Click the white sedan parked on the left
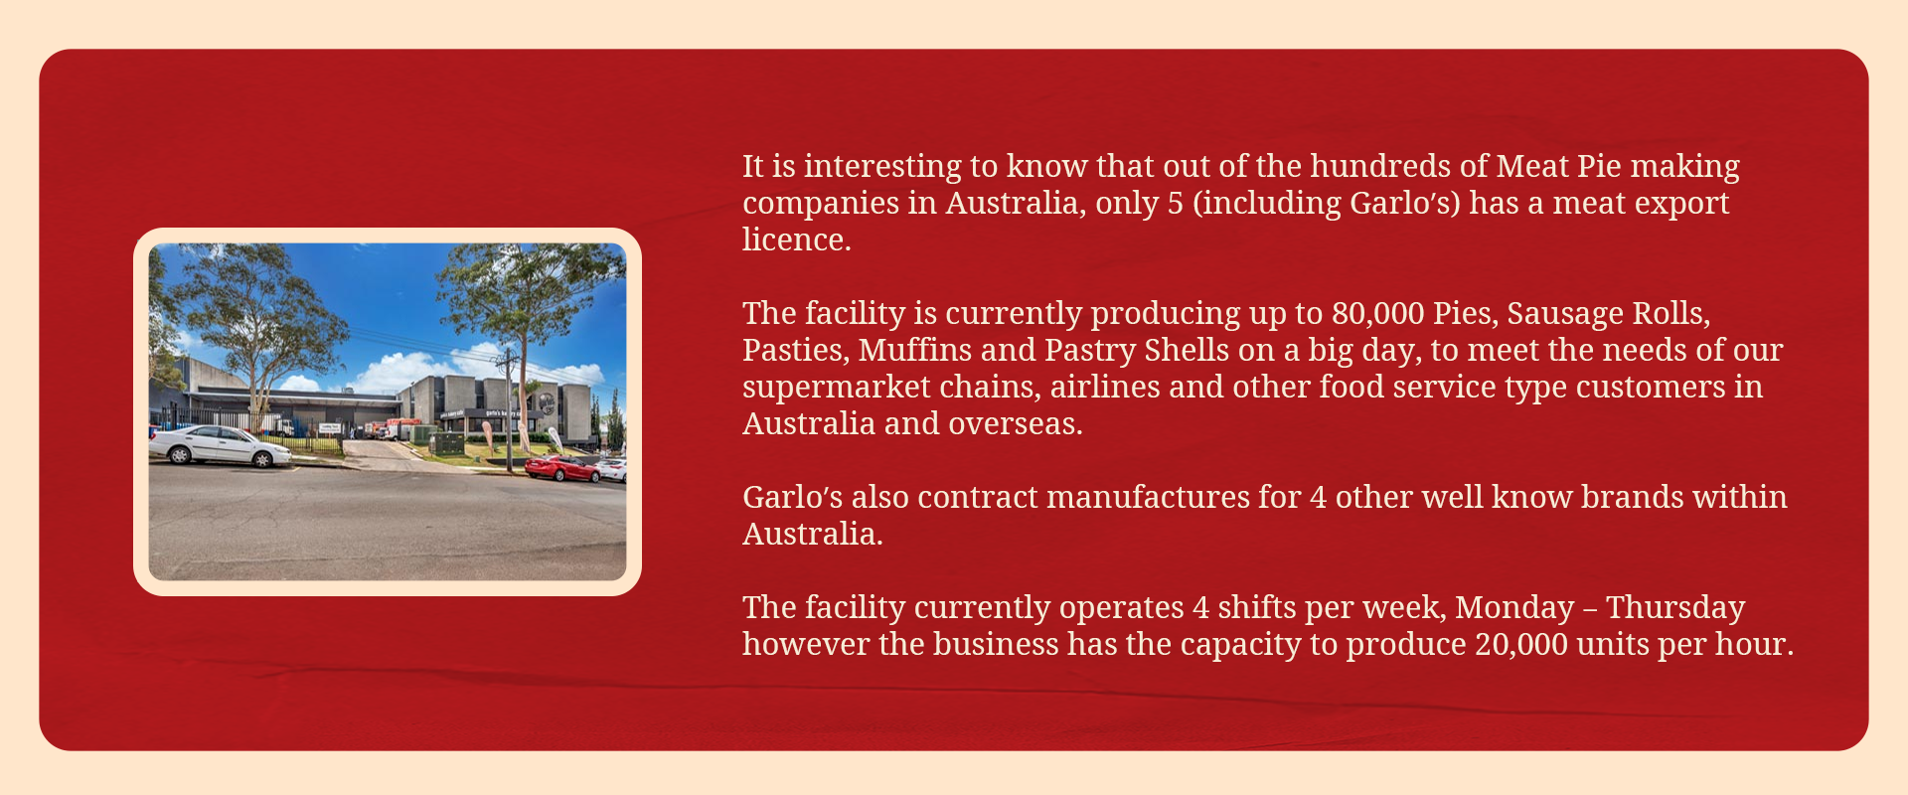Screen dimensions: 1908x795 point(221,445)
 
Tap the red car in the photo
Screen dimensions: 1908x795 point(562,468)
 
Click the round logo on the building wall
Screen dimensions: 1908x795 point(546,403)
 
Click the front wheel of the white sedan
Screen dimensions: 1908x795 point(261,458)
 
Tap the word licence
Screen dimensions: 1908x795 point(796,239)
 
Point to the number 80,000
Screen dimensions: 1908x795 point(1378,314)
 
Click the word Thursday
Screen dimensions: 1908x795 point(1675,608)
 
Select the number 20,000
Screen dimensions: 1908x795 point(1521,645)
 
